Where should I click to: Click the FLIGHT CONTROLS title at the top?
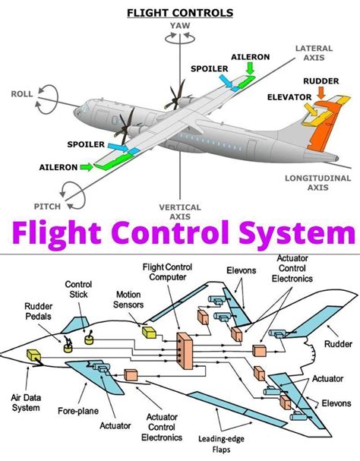click(180, 12)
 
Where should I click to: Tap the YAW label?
click(180, 24)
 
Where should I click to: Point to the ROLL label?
click(22, 94)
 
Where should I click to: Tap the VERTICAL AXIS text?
click(180, 212)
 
